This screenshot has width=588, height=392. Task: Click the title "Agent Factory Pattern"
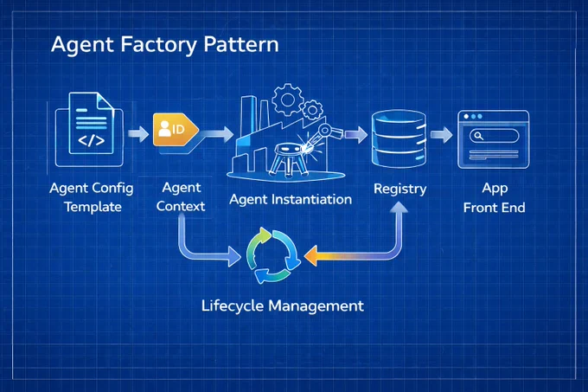click(165, 45)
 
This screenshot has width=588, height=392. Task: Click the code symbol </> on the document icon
click(91, 140)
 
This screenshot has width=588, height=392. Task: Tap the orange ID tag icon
click(176, 130)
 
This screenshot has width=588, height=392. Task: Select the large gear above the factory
click(288, 100)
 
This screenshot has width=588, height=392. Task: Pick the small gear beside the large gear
click(311, 110)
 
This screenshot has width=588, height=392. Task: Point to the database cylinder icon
click(399, 138)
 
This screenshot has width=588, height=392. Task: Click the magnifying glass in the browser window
click(478, 135)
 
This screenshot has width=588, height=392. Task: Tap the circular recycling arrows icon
click(272, 256)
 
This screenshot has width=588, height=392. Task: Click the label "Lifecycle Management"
click(283, 305)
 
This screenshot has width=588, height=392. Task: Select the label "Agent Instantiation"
click(291, 199)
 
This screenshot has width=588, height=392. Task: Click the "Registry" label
click(399, 189)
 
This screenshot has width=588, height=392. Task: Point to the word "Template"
click(93, 207)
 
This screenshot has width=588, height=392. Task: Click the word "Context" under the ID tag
click(181, 206)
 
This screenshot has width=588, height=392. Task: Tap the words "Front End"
click(495, 208)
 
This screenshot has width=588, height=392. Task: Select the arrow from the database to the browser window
click(441, 135)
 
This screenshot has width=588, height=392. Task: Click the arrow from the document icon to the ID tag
click(138, 134)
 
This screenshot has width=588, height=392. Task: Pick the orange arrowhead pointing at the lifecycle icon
click(311, 256)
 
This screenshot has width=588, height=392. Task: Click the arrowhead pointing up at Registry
click(399, 208)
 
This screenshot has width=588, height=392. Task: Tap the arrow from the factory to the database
click(356, 135)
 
